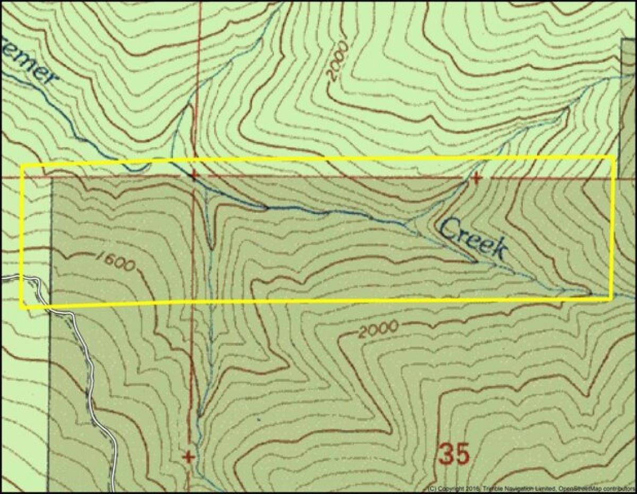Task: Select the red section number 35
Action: pos(454,455)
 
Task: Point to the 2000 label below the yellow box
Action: pos(377,330)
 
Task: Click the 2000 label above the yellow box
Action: pos(338,62)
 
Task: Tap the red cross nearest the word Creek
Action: pos(476,177)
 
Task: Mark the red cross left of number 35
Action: pos(188,456)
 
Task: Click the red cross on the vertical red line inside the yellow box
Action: pos(194,175)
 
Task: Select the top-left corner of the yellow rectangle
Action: pos(22,166)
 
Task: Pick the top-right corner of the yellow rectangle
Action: pos(613,157)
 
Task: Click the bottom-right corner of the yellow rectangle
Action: pos(612,299)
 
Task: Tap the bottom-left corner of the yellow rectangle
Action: pos(22,307)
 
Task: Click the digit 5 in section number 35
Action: pos(462,455)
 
